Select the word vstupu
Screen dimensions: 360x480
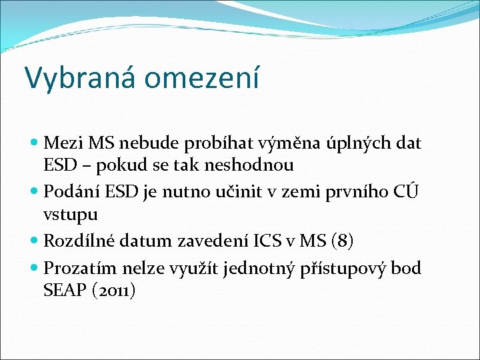click(x=71, y=215)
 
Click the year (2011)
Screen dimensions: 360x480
click(x=115, y=291)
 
